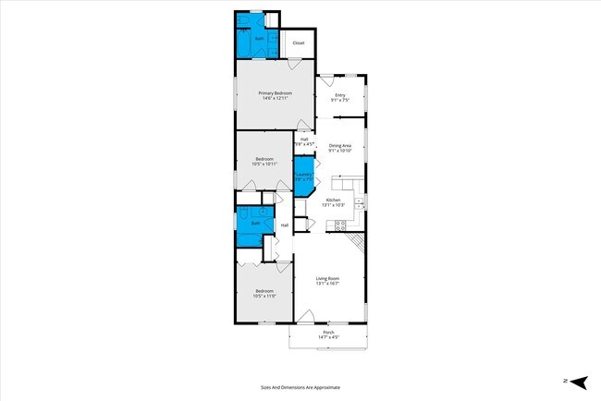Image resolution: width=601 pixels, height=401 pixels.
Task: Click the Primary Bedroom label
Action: [276, 93]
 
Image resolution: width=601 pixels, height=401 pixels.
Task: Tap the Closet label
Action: [298, 43]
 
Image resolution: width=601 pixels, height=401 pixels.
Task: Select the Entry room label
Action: [339, 95]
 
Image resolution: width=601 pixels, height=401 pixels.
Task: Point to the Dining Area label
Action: [339, 145]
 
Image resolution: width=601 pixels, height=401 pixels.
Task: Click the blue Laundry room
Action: [303, 177]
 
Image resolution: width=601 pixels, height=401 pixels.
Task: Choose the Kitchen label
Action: [333, 200]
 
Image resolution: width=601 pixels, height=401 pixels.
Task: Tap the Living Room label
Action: [327, 278]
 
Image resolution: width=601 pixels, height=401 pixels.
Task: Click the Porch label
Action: [328, 333]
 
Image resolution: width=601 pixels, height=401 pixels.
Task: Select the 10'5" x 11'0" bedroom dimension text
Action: [264, 296]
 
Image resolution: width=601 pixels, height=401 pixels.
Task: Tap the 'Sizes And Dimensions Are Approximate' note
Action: [300, 387]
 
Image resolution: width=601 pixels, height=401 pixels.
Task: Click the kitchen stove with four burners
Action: [339, 225]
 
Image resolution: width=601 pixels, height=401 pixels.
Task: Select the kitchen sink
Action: [360, 201]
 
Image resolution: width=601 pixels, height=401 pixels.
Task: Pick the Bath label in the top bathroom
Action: [259, 39]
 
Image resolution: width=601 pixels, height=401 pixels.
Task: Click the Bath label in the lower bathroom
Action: [255, 224]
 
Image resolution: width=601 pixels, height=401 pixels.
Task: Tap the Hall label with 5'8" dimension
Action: [303, 140]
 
